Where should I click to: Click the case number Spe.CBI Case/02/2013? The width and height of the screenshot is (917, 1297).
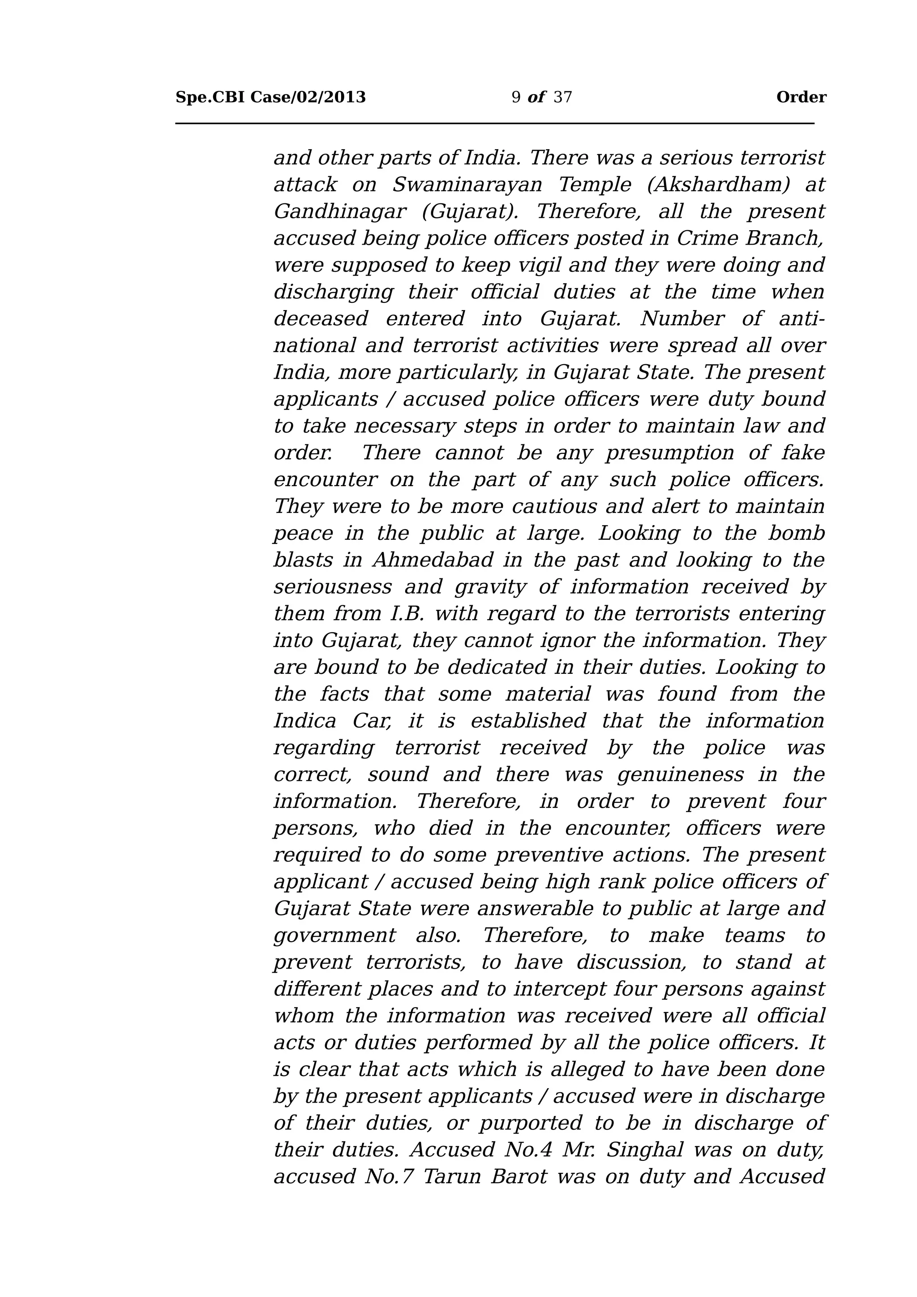click(x=270, y=98)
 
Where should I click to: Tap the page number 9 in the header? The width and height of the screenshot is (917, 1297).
click(x=515, y=98)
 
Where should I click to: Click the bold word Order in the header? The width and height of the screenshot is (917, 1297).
click(x=801, y=98)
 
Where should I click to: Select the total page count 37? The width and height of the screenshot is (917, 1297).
click(x=562, y=98)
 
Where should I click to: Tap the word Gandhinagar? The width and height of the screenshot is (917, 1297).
click(x=339, y=212)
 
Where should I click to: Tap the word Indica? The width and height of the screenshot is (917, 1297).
click(x=304, y=721)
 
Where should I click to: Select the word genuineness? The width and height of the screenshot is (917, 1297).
click(x=681, y=775)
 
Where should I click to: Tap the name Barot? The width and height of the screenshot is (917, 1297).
click(x=519, y=1176)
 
